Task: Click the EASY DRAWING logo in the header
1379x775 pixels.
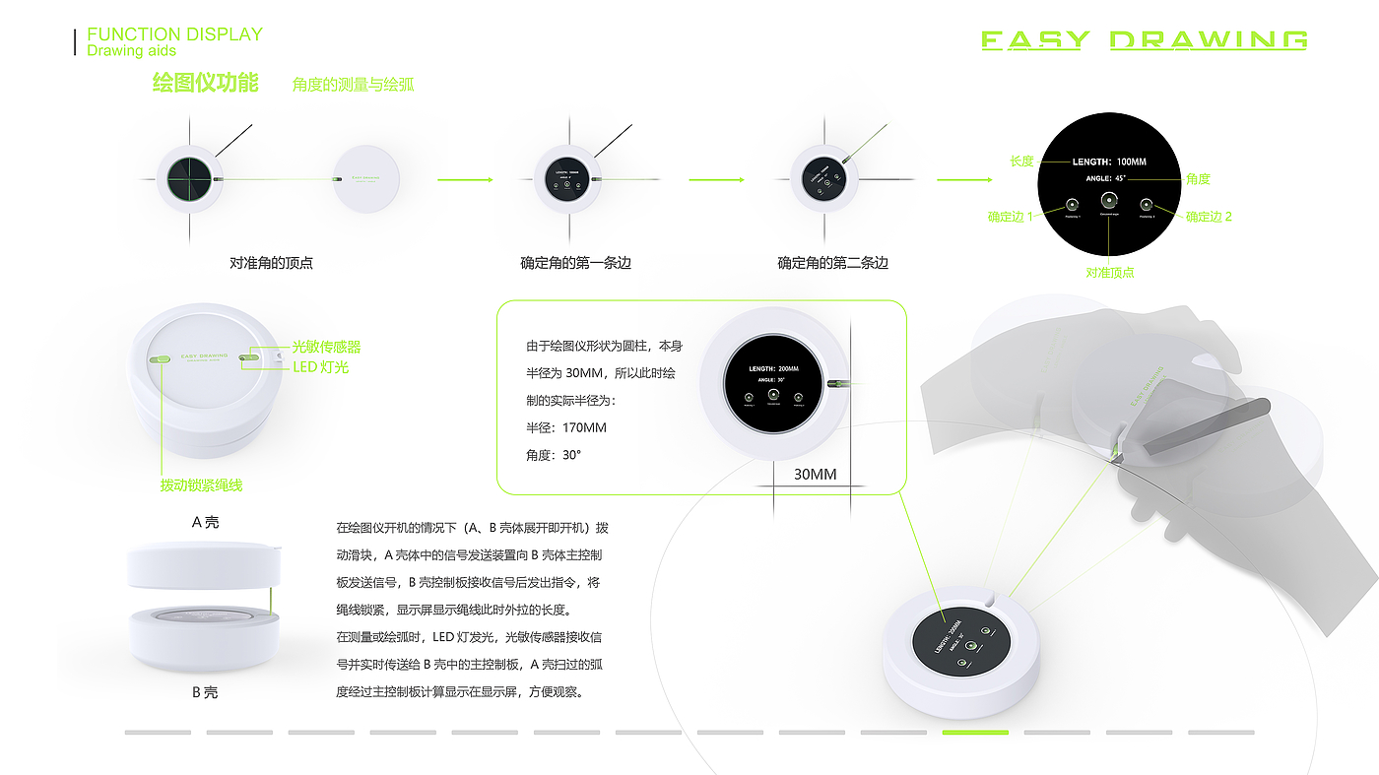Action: (1144, 40)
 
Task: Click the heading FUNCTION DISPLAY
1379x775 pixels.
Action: (174, 34)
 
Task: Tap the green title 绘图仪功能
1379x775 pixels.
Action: (205, 84)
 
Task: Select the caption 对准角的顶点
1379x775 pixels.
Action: (271, 263)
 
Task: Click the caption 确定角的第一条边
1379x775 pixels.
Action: (575, 263)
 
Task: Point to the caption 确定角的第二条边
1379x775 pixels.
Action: (832, 263)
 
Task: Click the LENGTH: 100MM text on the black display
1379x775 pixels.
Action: (1109, 161)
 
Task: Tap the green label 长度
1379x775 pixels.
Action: (1021, 161)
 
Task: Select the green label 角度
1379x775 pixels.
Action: (1198, 179)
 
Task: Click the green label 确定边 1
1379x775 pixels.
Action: (1011, 217)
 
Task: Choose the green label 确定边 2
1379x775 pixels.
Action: (1209, 217)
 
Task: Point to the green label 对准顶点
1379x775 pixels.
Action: (1110, 273)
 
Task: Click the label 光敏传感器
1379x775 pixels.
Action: (326, 348)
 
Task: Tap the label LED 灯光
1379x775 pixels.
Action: (320, 367)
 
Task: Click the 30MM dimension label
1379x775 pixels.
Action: (815, 475)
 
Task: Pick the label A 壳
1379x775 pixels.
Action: (205, 523)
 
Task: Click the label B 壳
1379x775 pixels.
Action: (205, 692)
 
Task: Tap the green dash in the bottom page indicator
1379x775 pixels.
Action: (975, 733)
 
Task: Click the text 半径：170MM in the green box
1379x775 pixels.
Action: (567, 427)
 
